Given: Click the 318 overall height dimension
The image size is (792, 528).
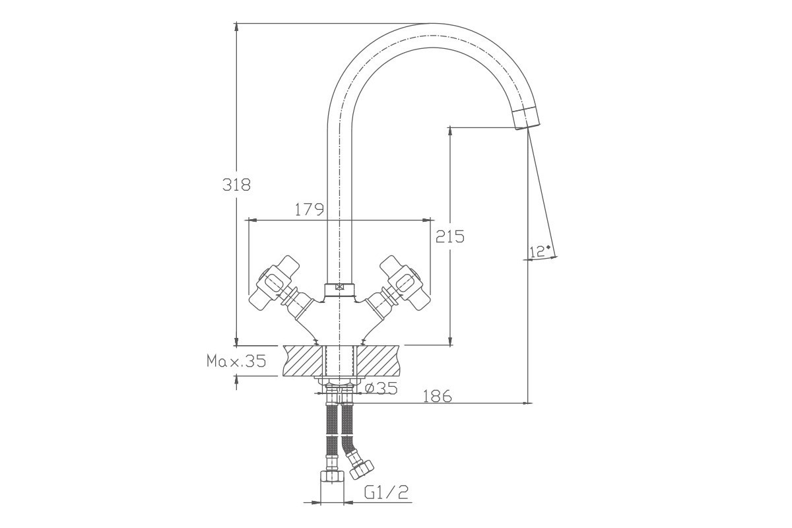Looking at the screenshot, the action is pos(236,185).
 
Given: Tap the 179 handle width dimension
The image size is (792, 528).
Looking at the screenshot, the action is pos(310,210).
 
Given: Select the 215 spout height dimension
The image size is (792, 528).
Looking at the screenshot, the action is pos(449,236).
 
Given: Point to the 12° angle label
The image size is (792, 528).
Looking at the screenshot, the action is pos(539,251).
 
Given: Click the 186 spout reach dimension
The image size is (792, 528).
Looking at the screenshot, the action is pos(438,396).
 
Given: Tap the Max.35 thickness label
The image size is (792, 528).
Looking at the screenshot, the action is pos(236,361).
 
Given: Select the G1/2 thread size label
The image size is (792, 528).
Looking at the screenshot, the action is pos(386,492).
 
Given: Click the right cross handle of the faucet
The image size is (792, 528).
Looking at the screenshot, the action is pos(405,283).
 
